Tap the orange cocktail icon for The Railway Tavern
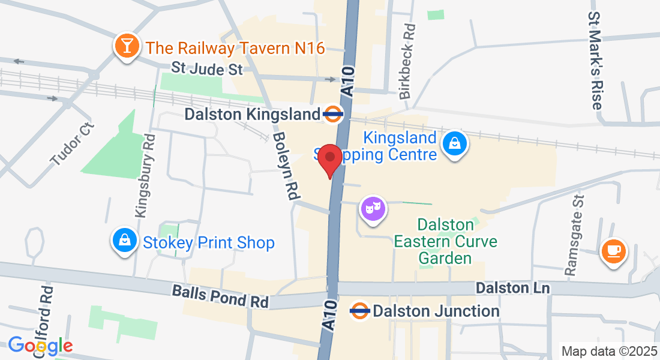[127, 46]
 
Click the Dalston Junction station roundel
[359, 311]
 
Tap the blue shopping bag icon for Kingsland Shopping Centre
[455, 143]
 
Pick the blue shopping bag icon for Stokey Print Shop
[124, 241]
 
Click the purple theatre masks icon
[373, 209]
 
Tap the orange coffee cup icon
[614, 250]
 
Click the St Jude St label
[207, 70]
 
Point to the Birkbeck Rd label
[407, 61]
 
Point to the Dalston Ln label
[512, 289]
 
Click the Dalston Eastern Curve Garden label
[445, 242]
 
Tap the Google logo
[40, 346]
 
